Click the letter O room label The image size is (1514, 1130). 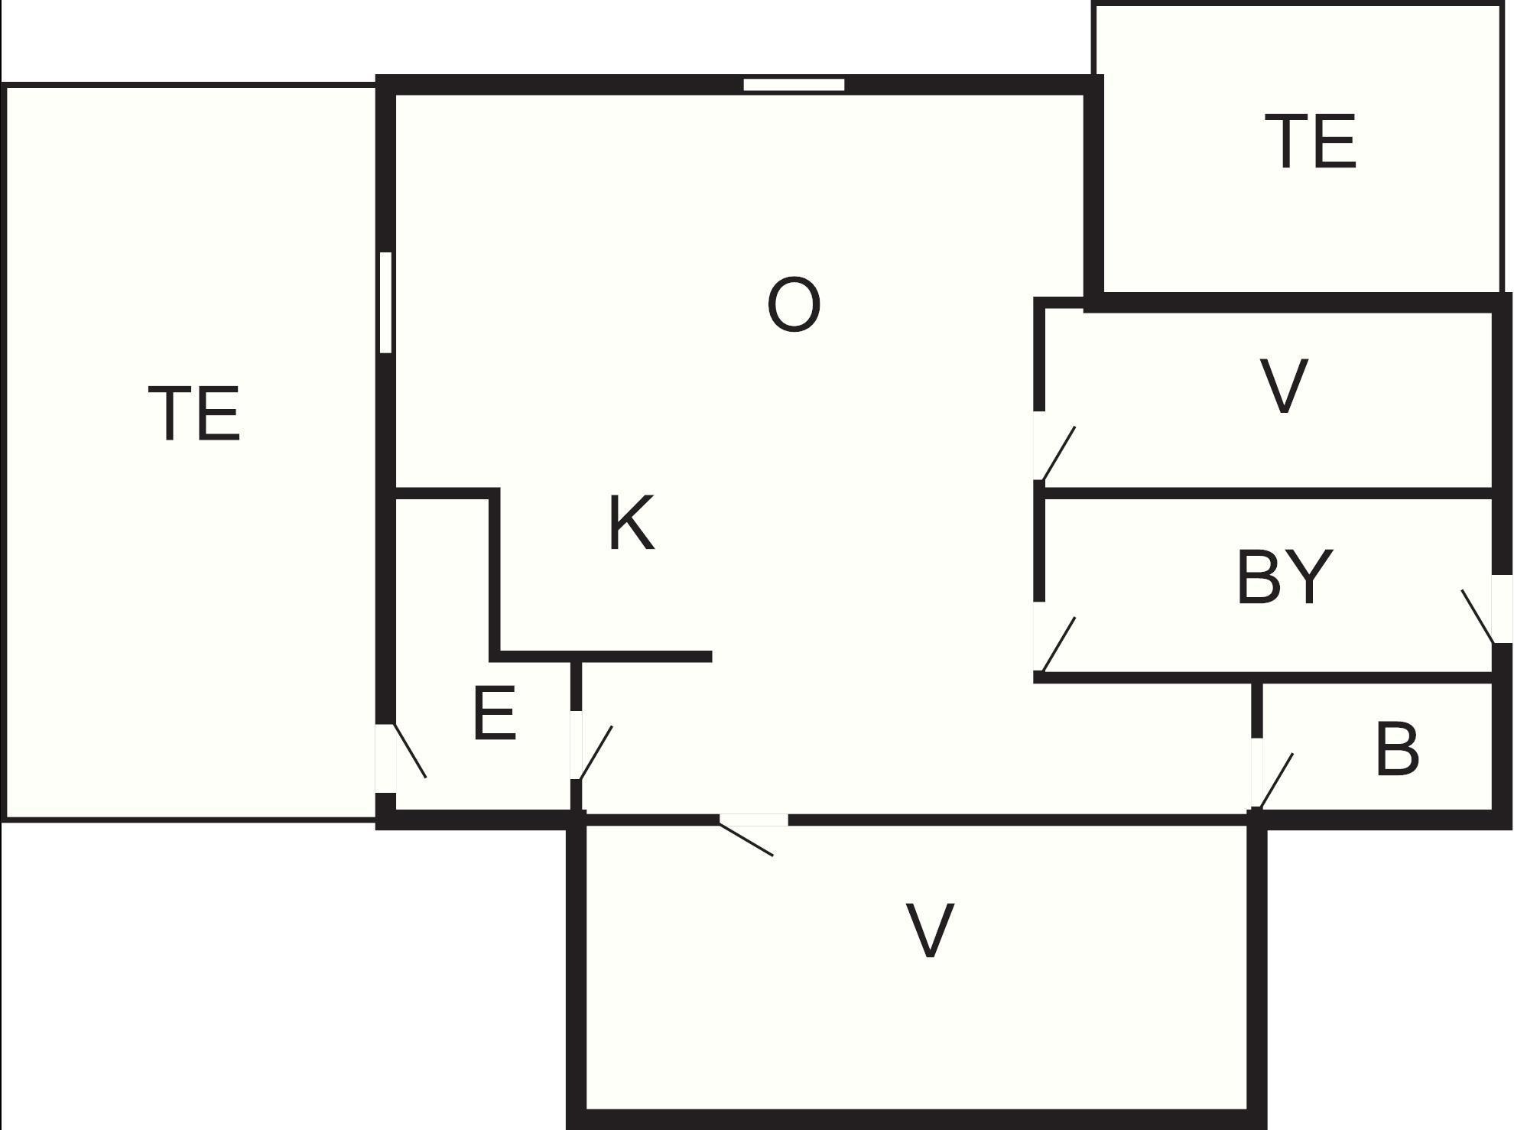(x=794, y=304)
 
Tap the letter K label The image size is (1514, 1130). (x=632, y=522)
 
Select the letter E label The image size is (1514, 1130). (x=495, y=713)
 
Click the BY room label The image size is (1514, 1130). (x=1285, y=576)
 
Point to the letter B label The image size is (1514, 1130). (x=1396, y=749)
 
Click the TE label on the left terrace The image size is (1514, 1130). (x=194, y=414)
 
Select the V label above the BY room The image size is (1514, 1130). (x=1284, y=386)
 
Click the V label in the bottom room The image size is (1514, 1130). (x=930, y=930)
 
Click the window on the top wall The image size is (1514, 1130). (x=794, y=85)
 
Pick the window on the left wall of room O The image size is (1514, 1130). (x=386, y=302)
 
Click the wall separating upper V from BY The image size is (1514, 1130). (x=1269, y=493)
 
